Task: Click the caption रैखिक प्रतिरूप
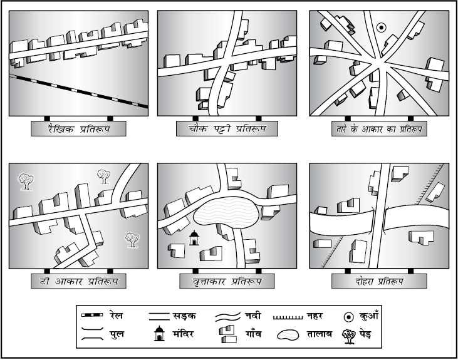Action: (x=79, y=129)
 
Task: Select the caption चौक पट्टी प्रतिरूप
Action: (x=227, y=128)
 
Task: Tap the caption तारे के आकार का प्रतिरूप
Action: (x=379, y=129)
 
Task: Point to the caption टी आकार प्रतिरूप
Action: (x=79, y=282)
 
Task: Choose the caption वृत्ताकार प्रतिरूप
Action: (x=227, y=282)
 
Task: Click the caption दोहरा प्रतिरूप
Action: (x=379, y=282)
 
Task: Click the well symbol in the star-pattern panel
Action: (x=381, y=28)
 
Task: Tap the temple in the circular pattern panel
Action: (x=194, y=238)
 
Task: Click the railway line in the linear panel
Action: (x=78, y=91)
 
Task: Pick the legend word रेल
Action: (x=117, y=316)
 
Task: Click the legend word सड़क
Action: (x=184, y=316)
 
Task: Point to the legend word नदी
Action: (x=253, y=316)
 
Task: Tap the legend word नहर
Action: (x=315, y=316)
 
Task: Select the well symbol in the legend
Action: (x=349, y=317)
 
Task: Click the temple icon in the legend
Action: (x=159, y=333)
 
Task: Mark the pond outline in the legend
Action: (x=288, y=334)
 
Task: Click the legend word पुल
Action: (x=117, y=334)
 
